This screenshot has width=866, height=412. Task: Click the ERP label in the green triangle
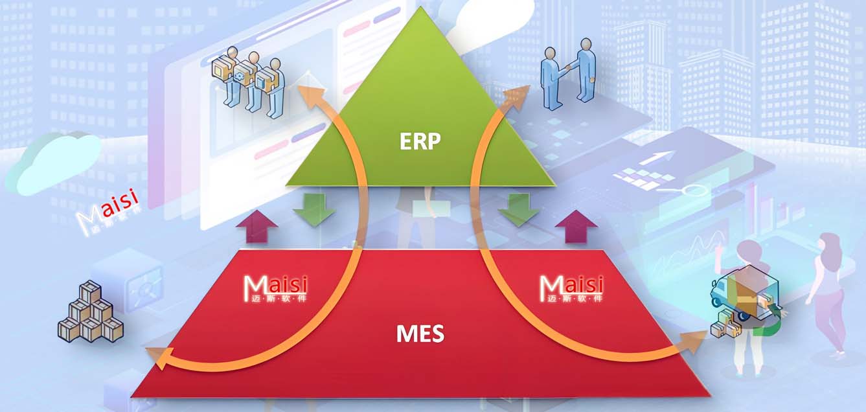pos(420,142)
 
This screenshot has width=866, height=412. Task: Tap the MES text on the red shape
pos(420,334)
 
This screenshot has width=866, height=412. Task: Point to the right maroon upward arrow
pos(576,227)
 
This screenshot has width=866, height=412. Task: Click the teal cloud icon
pos(56,162)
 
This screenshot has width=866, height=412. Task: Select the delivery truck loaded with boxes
pos(745,304)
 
